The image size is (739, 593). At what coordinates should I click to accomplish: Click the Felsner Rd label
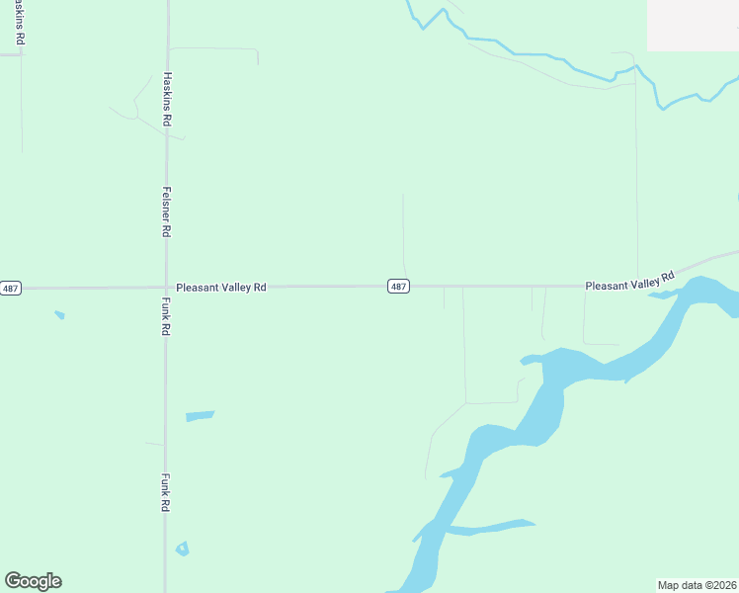tap(167, 211)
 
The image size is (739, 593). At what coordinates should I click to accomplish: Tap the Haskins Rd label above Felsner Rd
tap(167, 98)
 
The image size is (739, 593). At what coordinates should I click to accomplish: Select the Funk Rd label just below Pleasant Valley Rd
tap(166, 316)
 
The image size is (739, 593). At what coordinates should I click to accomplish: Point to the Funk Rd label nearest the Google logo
tap(166, 491)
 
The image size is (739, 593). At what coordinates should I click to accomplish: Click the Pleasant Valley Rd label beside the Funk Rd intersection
tap(221, 288)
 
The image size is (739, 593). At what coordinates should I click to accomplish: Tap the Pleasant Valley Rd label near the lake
tap(629, 282)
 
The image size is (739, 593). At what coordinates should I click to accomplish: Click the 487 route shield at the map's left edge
tap(10, 289)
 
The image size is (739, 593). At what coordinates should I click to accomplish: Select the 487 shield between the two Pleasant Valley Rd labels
tap(397, 287)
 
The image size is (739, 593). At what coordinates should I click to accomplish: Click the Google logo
tap(33, 581)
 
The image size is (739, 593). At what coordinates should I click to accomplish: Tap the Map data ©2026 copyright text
tap(698, 585)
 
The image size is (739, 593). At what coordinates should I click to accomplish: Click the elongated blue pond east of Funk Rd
tap(199, 416)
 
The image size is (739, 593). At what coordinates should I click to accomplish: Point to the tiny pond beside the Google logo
tap(182, 549)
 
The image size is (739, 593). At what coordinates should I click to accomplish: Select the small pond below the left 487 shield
tap(59, 315)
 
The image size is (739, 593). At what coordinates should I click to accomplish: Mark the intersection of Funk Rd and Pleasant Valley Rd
tap(165, 288)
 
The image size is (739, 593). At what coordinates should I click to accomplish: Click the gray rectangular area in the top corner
tap(693, 25)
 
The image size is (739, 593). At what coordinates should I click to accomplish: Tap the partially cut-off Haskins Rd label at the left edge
tap(19, 22)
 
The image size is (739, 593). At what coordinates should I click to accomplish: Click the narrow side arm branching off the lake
tap(489, 527)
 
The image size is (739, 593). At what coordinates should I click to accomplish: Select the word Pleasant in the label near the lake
tap(607, 286)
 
